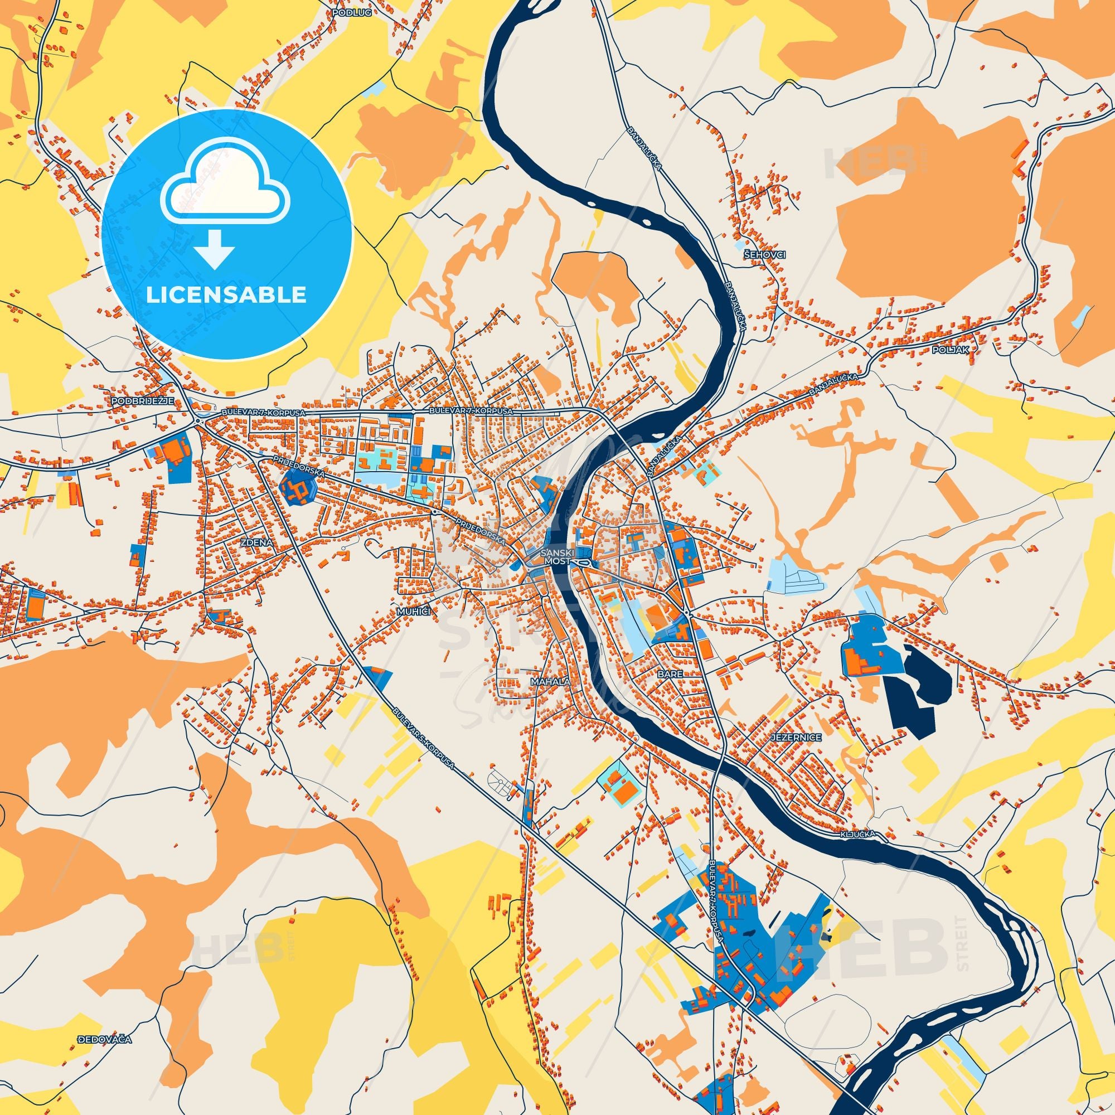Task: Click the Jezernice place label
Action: click(791, 738)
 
